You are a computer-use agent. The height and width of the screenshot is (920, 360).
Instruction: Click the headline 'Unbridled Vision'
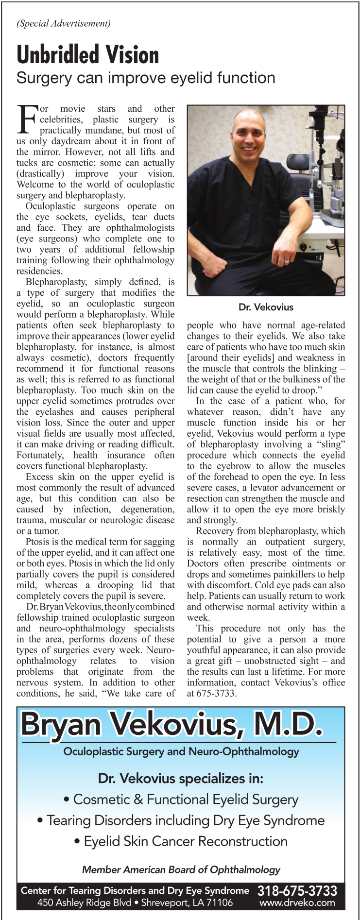pos(88,55)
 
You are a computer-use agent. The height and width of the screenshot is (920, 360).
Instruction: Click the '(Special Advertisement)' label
pos(64,23)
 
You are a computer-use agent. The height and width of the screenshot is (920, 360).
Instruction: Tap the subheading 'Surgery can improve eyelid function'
pos(146,78)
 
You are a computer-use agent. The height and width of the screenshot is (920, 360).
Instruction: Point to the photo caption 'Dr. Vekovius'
pos(266,307)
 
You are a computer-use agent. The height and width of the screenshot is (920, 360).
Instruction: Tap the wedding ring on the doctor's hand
pos(287,261)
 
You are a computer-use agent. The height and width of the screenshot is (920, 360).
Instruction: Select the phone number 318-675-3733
pos(297,890)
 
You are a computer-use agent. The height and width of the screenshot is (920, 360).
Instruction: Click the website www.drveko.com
pos(297,903)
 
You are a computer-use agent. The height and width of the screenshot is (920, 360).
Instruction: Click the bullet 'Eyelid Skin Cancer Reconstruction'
pos(181,841)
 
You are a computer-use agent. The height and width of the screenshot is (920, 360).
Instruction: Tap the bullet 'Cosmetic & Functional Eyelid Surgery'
pos(181,800)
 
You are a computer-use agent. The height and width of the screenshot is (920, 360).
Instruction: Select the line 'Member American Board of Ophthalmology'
pos(181,869)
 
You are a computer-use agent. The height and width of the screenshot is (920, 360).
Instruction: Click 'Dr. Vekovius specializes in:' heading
pos(181,779)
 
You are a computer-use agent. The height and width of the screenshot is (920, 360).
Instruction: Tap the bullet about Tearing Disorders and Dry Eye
pos(181,820)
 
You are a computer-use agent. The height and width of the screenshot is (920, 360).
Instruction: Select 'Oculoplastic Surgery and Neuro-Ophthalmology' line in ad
pos(181,751)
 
